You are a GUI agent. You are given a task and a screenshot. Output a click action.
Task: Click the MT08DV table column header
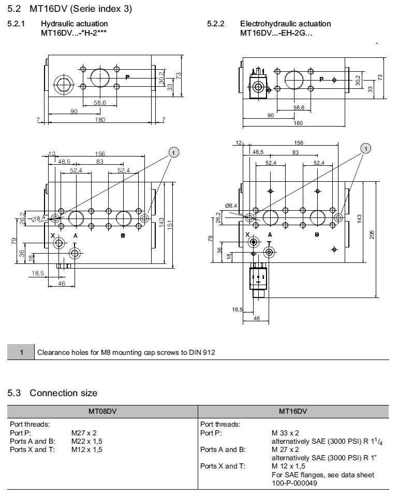coord(102,411)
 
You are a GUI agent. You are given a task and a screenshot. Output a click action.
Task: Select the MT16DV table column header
coord(293,411)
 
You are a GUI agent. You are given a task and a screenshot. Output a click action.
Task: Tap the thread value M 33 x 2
coord(286,433)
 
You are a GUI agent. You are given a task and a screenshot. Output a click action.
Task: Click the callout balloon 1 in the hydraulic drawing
coord(174,152)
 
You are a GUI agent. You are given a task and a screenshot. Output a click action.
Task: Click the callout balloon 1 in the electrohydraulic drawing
coord(366,149)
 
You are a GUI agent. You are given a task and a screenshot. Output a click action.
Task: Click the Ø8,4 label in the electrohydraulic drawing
coord(231,206)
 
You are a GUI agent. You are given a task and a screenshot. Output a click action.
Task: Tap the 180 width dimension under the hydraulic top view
coord(100,120)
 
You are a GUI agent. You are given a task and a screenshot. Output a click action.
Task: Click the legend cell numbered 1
coord(21,353)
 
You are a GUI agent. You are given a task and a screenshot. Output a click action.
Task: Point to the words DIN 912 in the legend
coord(203,353)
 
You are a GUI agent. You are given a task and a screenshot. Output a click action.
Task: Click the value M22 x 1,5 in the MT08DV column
coord(87,441)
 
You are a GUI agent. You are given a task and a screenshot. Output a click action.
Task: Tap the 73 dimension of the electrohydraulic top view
coord(379,77)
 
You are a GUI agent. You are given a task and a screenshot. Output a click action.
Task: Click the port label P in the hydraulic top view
coord(127,77)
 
